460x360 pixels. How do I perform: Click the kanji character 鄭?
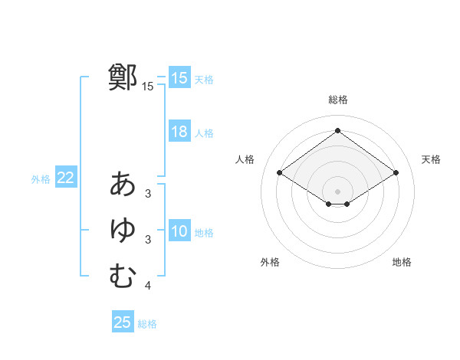point(123,77)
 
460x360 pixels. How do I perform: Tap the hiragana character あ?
point(123,184)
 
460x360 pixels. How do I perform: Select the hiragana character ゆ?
point(123,230)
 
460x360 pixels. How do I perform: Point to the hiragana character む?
point(123,276)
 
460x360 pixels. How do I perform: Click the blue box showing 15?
point(179,77)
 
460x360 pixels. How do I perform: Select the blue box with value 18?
point(179,132)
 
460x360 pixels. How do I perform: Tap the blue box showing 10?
point(179,231)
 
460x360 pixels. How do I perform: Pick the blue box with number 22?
point(65,178)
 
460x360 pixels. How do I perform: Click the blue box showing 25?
point(123,322)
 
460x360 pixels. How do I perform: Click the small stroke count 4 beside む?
point(148,286)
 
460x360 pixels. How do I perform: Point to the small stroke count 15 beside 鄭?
point(148,87)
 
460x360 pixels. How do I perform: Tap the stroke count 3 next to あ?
point(148,194)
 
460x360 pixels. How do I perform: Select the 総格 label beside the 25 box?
point(148,324)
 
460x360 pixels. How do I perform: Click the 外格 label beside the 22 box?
point(41,179)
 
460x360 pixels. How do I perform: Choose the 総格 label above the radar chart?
point(337,100)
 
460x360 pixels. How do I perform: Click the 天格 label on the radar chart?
point(432,159)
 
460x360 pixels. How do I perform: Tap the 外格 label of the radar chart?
point(270,262)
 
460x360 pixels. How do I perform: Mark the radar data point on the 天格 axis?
point(396,173)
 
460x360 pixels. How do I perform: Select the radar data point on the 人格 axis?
point(279,173)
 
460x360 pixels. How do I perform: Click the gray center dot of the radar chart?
point(337,191)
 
